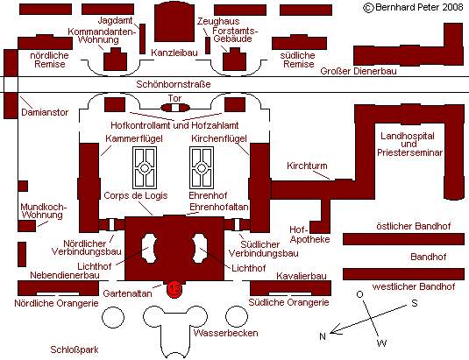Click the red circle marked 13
pyautogui.click(x=174, y=289)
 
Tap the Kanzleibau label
pyautogui.click(x=174, y=53)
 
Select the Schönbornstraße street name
pyautogui.click(x=174, y=84)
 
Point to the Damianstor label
pyautogui.click(x=45, y=112)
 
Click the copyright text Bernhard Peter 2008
pyautogui.click(x=413, y=8)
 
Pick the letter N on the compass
pyautogui.click(x=322, y=336)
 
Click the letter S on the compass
pyautogui.click(x=415, y=303)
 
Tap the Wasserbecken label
pyautogui.click(x=226, y=333)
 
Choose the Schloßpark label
pyautogui.click(x=75, y=349)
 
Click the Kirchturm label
pyautogui.click(x=307, y=166)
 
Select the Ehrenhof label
pyautogui.click(x=208, y=195)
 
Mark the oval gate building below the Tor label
pyautogui.click(x=175, y=108)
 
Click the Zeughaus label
pyautogui.click(x=218, y=21)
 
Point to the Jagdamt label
pyautogui.click(x=115, y=20)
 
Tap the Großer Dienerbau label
pyautogui.click(x=359, y=71)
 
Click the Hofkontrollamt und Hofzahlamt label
pyautogui.click(x=174, y=125)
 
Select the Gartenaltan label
pyautogui.click(x=127, y=293)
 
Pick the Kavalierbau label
pyautogui.click(x=302, y=276)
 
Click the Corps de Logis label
pyautogui.click(x=136, y=195)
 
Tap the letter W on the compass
pyautogui.click(x=382, y=343)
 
